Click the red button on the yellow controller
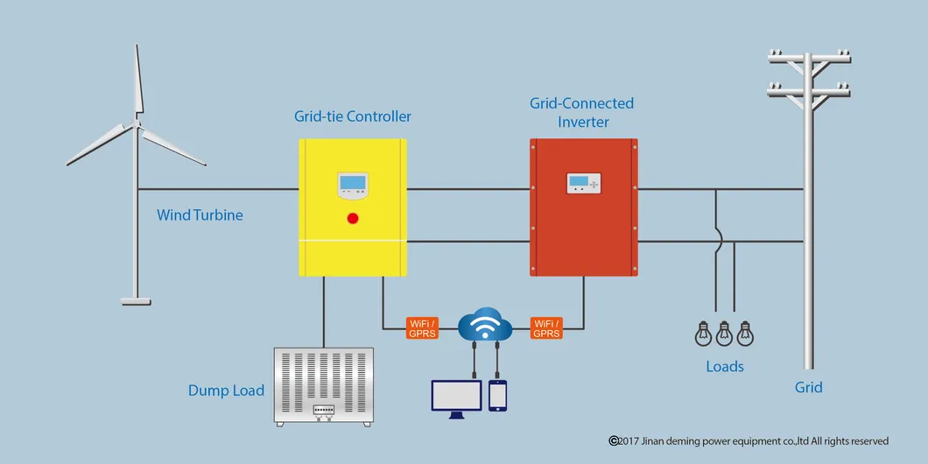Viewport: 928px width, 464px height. (x=353, y=218)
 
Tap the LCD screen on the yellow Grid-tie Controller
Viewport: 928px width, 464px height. (x=353, y=184)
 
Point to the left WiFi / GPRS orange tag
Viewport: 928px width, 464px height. (x=422, y=328)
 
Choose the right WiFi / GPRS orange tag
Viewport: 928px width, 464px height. (x=546, y=328)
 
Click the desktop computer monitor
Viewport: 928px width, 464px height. (x=456, y=397)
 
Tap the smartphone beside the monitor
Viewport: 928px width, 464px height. (x=497, y=395)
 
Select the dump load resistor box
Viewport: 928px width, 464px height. (x=323, y=385)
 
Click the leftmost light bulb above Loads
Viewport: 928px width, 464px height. (x=703, y=334)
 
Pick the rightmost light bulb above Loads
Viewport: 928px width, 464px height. (x=745, y=334)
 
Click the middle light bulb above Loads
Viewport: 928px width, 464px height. (x=724, y=334)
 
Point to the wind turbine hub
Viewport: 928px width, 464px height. (x=137, y=123)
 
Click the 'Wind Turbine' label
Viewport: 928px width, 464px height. (x=200, y=214)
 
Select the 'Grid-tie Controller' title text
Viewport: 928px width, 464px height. (x=352, y=116)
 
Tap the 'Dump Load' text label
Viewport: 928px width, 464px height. (x=226, y=390)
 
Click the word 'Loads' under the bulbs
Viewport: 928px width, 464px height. (x=725, y=367)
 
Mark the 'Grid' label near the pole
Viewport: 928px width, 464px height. (x=808, y=387)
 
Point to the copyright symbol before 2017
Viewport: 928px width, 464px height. (x=613, y=441)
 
